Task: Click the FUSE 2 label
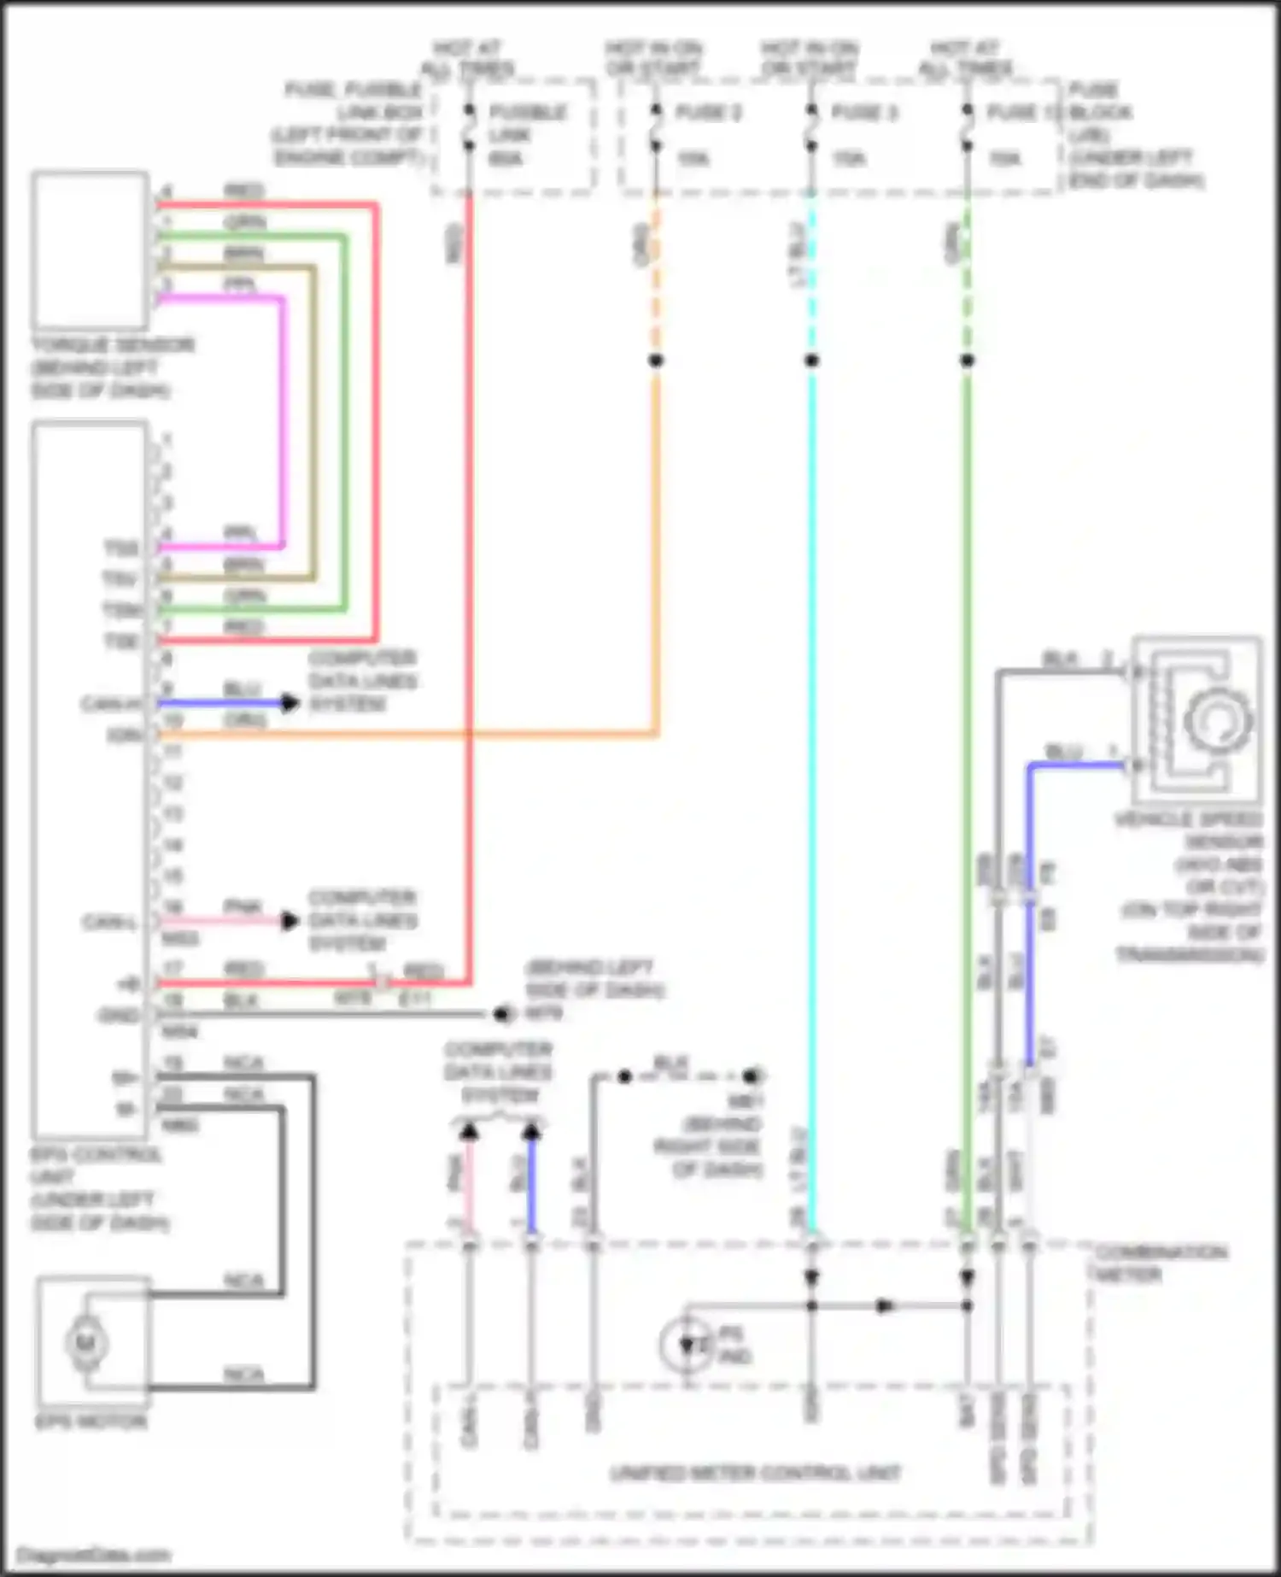pyautogui.click(x=708, y=112)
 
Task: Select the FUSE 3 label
pyautogui.click(x=863, y=112)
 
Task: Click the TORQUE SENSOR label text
pyautogui.click(x=113, y=345)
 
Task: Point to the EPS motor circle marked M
pyautogui.click(x=86, y=1342)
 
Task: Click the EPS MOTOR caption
pyautogui.click(x=91, y=1422)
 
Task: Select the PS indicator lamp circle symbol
pyautogui.click(x=686, y=1345)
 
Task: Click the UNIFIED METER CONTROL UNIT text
pyautogui.click(x=756, y=1473)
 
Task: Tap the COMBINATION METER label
pyautogui.click(x=1160, y=1263)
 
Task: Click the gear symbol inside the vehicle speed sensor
pyautogui.click(x=1219, y=719)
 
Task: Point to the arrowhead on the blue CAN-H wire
pyautogui.click(x=290, y=703)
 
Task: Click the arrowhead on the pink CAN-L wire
pyautogui.click(x=290, y=921)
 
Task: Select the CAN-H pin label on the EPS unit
pyautogui.click(x=111, y=704)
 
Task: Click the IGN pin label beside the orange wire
pyautogui.click(x=124, y=736)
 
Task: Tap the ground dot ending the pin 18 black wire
pyautogui.click(x=501, y=1014)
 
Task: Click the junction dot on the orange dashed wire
pyautogui.click(x=656, y=361)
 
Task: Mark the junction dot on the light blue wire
pyautogui.click(x=811, y=361)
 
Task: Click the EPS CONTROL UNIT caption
pyautogui.click(x=97, y=1154)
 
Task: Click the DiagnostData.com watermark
pyautogui.click(x=94, y=1555)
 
